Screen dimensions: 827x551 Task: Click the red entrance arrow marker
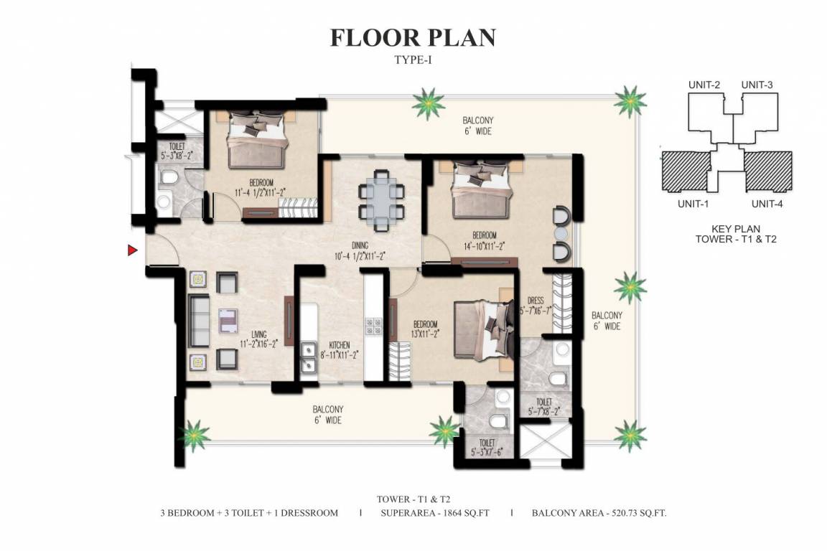(x=132, y=250)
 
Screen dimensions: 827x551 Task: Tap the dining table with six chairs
(x=381, y=200)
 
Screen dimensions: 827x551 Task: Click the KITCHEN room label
(x=339, y=345)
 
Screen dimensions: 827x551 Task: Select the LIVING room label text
(x=259, y=334)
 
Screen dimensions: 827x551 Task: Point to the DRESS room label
(x=536, y=301)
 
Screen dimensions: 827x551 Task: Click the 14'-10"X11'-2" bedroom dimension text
(x=484, y=245)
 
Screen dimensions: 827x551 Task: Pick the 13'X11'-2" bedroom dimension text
(x=425, y=334)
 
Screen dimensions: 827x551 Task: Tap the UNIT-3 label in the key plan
(x=757, y=85)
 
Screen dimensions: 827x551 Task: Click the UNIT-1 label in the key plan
(x=693, y=204)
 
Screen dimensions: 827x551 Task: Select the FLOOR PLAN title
(x=413, y=38)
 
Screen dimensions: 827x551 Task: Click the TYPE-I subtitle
(x=413, y=60)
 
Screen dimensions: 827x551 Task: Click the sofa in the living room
(x=200, y=321)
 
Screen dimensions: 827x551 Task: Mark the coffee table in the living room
(x=228, y=321)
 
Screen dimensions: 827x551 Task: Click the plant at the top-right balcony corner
(x=630, y=100)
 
